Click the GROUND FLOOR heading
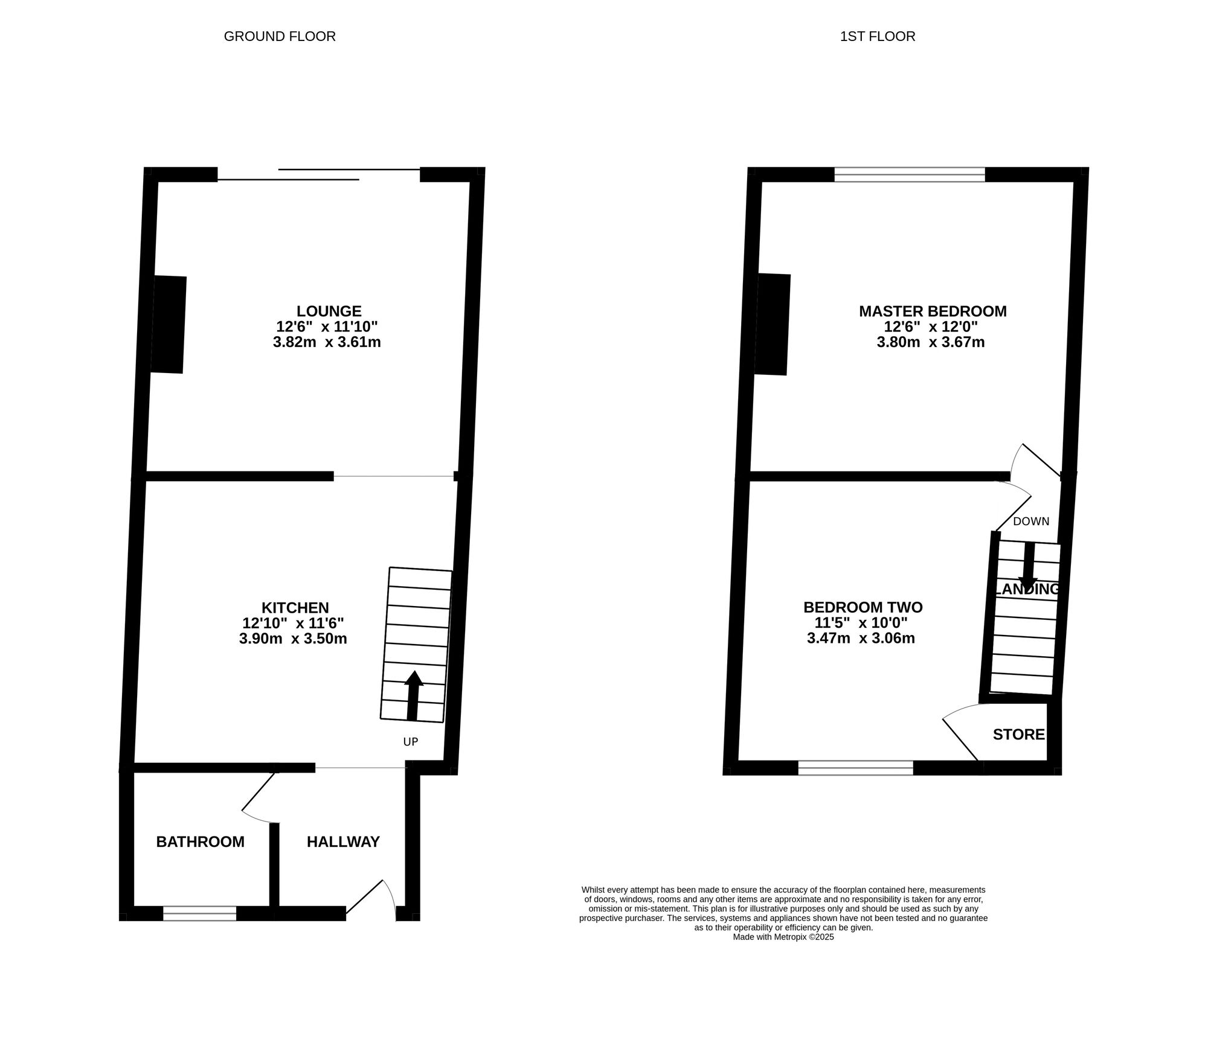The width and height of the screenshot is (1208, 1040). pyautogui.click(x=280, y=36)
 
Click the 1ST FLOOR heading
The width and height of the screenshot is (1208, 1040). pyautogui.click(x=877, y=36)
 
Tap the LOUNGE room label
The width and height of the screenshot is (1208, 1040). pyautogui.click(x=329, y=311)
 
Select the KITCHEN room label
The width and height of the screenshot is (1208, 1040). pyautogui.click(x=295, y=608)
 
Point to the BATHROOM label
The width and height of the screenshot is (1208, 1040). pyautogui.click(x=200, y=842)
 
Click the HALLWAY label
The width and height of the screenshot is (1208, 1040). pyautogui.click(x=343, y=842)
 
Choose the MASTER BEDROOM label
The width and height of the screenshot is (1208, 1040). pyautogui.click(x=933, y=311)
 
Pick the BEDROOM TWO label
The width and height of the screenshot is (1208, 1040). pyautogui.click(x=863, y=607)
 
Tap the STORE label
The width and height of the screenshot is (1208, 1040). pyautogui.click(x=1018, y=735)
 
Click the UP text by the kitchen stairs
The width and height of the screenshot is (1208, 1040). pyautogui.click(x=411, y=742)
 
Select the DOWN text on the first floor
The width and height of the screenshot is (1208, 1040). pyautogui.click(x=1031, y=522)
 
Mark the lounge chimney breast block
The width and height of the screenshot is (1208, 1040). pyautogui.click(x=168, y=325)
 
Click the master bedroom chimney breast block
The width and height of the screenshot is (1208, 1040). pyautogui.click(x=773, y=325)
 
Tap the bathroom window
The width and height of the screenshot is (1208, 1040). pyautogui.click(x=199, y=913)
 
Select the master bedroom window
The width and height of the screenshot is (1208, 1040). pyautogui.click(x=910, y=174)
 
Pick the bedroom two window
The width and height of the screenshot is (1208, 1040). pyautogui.click(x=855, y=768)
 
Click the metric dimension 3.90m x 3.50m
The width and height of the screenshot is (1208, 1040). pyautogui.click(x=293, y=639)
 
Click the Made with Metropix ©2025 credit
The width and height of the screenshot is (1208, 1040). pyautogui.click(x=783, y=937)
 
